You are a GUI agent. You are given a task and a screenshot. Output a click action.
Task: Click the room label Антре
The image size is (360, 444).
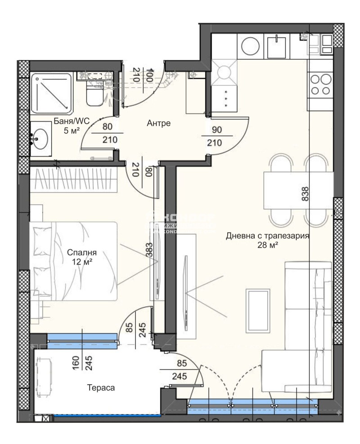(158, 123)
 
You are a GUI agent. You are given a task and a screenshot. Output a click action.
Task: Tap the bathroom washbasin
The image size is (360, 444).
(41, 138)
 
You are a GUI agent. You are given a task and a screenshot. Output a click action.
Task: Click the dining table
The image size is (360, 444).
(298, 189)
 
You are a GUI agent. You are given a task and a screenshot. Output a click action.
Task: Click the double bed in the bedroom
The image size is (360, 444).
(74, 260)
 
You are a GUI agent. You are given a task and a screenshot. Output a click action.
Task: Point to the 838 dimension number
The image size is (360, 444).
(306, 194)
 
